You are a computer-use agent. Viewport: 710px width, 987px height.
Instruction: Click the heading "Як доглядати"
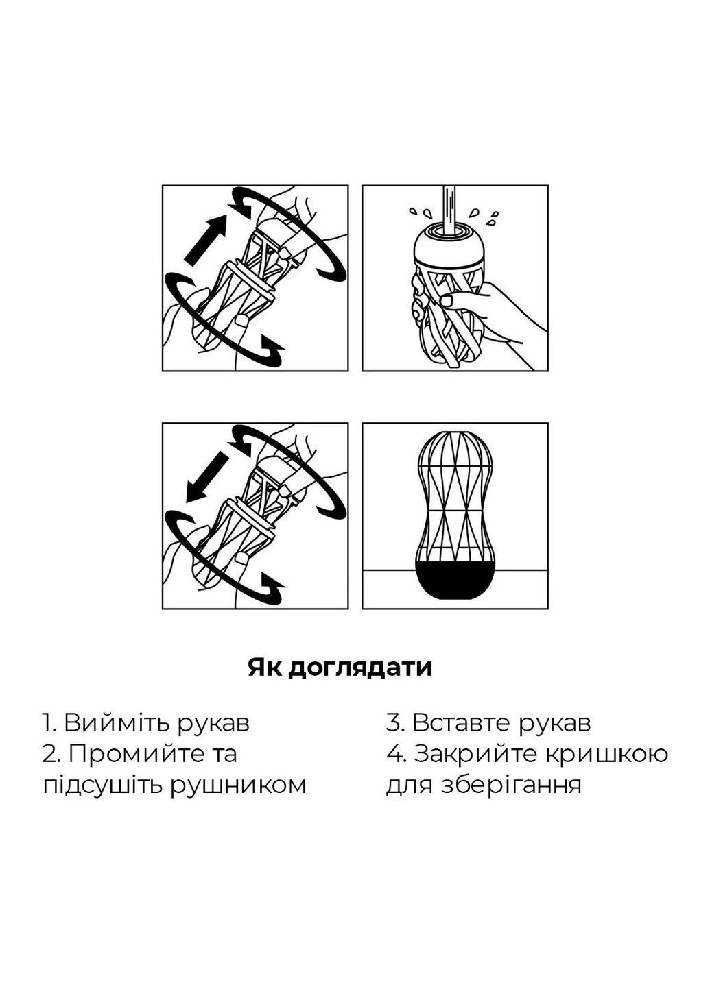coord(340,667)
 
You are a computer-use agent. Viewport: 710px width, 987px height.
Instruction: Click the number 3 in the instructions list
coord(392,722)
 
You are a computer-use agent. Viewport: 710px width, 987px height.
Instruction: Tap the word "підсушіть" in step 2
coord(95,785)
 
